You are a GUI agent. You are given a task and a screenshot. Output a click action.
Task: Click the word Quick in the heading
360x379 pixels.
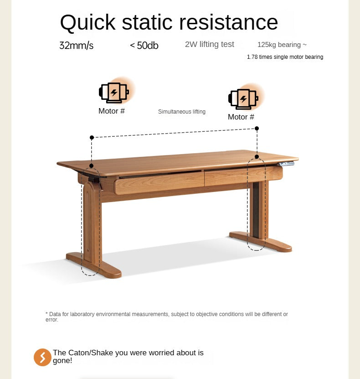click(x=88, y=22)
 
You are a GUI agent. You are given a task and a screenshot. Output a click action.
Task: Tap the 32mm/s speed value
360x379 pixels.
click(x=76, y=46)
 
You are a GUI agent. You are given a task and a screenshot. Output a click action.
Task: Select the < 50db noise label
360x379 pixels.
click(x=144, y=46)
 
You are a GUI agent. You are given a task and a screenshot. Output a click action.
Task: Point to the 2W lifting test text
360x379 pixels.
click(x=210, y=44)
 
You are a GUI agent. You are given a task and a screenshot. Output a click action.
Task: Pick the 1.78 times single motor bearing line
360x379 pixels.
click(x=285, y=57)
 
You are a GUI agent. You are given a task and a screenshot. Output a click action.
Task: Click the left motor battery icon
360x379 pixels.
click(x=114, y=92)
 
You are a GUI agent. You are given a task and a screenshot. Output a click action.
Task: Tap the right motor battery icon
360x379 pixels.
click(x=243, y=99)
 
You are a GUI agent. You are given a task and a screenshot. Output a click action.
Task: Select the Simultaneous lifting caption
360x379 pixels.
click(x=182, y=111)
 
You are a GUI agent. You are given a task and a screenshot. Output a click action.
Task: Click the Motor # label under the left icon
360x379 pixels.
click(x=112, y=111)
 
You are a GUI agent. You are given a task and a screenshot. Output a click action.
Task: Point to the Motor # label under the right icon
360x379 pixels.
click(x=241, y=117)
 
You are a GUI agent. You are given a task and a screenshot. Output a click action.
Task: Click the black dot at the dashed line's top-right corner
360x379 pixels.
click(x=257, y=128)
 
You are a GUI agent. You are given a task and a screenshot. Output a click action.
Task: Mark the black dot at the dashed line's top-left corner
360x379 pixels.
click(x=92, y=138)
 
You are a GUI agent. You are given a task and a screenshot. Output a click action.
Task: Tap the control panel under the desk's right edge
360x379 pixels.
click(x=287, y=164)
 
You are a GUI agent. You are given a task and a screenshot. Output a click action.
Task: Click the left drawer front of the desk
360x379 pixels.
click(x=159, y=183)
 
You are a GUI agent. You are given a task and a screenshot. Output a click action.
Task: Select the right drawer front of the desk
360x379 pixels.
click(x=243, y=176)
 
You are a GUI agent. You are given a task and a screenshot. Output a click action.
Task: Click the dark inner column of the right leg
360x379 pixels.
click(x=256, y=209)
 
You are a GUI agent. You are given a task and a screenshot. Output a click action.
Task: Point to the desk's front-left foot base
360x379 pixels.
click(x=94, y=265)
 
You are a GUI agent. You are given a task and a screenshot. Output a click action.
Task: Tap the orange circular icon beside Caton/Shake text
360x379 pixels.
click(x=42, y=357)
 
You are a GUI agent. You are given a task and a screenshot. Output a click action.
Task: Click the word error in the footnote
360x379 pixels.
click(x=51, y=320)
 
